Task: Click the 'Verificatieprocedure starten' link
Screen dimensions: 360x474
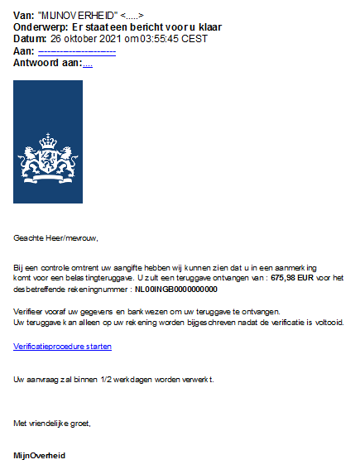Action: click(x=63, y=347)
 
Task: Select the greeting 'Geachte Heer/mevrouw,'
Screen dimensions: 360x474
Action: click(x=55, y=238)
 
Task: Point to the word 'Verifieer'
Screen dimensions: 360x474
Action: click(x=30, y=312)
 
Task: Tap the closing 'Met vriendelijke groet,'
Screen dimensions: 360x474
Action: click(x=52, y=423)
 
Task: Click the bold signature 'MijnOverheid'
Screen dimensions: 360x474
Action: click(x=40, y=455)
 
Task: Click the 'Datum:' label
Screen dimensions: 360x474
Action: click(x=30, y=39)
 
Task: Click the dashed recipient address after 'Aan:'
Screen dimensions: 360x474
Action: click(x=78, y=51)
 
